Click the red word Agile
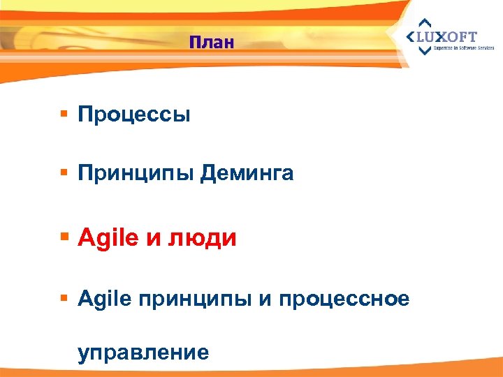(109, 239)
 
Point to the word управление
(143, 351)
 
